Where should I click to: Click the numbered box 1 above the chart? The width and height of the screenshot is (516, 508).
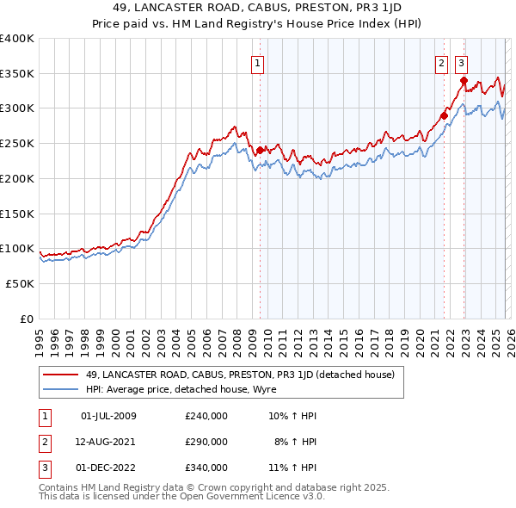(x=258, y=62)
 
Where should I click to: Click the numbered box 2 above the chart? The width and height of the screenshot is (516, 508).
(x=441, y=62)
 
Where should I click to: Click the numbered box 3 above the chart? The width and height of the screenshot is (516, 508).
(x=462, y=62)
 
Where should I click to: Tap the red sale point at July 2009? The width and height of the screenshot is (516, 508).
(x=259, y=150)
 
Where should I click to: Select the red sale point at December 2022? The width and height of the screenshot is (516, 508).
(x=464, y=80)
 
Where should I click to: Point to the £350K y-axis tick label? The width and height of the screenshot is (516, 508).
(x=17, y=73)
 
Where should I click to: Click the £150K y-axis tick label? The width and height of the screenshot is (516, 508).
(x=17, y=214)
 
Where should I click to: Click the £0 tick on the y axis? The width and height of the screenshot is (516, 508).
(x=27, y=319)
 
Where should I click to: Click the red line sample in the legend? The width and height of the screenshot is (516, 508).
(x=61, y=375)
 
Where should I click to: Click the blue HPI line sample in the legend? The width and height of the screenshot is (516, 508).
(x=61, y=389)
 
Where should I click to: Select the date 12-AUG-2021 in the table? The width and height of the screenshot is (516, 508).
(x=107, y=442)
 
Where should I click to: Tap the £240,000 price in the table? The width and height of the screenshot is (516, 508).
(x=206, y=417)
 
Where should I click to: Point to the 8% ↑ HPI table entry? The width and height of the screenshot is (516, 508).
(x=296, y=442)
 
